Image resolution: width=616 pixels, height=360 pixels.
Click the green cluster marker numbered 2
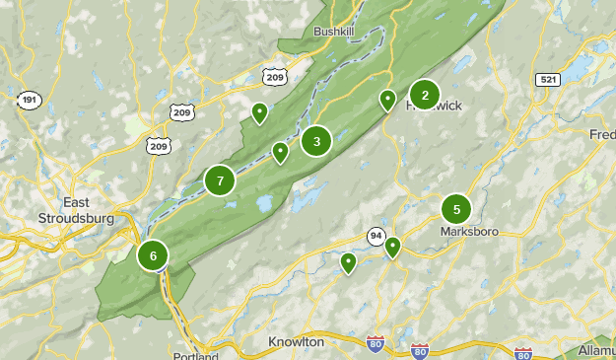tap(425, 95)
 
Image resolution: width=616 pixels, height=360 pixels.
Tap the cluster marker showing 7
tap(220, 180)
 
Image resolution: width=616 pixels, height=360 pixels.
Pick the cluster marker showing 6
tap(153, 255)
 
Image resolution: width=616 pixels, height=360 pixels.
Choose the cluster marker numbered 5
tap(456, 209)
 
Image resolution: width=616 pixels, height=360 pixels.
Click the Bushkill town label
tap(332, 32)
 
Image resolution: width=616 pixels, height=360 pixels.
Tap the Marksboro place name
tap(469, 233)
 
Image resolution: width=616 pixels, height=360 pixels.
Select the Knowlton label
tap(296, 341)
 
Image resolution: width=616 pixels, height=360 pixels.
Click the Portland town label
tap(195, 355)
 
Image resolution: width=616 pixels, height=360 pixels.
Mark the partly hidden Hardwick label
tap(434, 107)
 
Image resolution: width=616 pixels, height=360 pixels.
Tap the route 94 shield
tap(376, 237)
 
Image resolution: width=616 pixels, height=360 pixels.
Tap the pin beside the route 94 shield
tap(392, 247)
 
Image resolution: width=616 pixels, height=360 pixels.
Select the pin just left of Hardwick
tap(388, 100)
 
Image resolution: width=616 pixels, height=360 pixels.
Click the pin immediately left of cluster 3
tap(281, 152)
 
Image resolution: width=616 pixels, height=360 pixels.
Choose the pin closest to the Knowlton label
tap(348, 262)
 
